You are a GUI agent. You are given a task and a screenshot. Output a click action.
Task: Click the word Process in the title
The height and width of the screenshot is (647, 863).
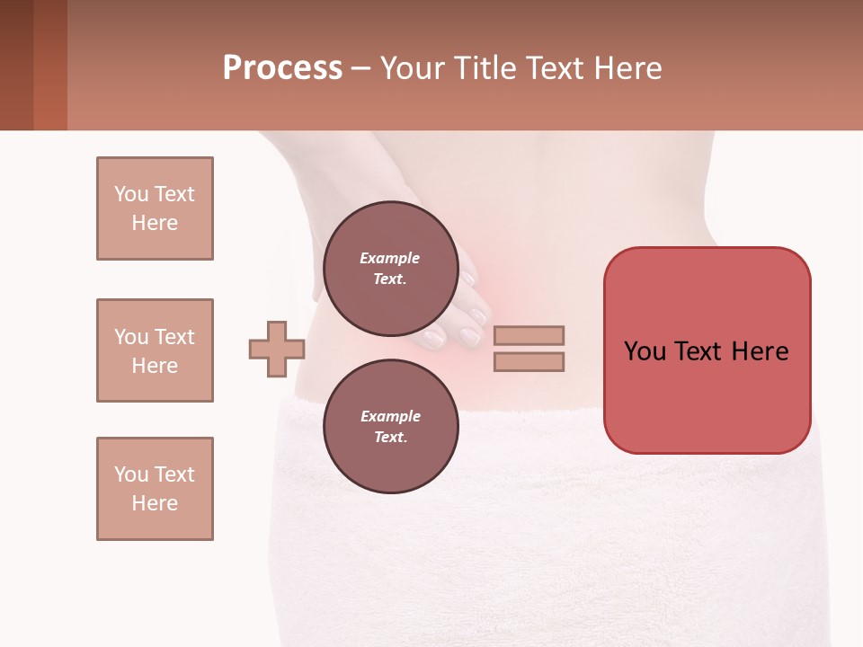282,68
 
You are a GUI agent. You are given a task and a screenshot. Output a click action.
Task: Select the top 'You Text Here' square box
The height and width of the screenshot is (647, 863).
155,208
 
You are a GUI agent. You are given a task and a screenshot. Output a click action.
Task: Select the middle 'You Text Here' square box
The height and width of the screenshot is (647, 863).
155,350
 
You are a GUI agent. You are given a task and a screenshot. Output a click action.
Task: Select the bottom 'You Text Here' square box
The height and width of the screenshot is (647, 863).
155,489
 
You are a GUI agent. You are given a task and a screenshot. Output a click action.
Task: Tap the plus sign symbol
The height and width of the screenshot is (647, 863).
277,349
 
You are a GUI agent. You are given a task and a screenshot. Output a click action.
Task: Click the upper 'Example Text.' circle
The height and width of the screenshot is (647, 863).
390,269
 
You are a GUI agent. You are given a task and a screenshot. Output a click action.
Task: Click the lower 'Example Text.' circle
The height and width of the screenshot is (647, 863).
390,427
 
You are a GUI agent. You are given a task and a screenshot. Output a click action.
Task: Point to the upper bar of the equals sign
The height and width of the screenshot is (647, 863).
529,335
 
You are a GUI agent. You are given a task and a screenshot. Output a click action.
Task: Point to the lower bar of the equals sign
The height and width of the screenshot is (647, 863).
529,361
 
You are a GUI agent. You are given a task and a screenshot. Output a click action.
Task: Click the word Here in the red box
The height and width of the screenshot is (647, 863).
760,351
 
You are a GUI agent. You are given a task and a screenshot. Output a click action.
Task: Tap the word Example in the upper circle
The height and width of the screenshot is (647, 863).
390,258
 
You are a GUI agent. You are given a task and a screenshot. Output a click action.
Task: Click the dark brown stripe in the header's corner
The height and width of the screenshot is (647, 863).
16,65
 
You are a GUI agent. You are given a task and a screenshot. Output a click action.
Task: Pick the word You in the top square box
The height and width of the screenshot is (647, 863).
130,194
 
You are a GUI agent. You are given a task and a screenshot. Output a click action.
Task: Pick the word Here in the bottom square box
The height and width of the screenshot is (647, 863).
155,503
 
